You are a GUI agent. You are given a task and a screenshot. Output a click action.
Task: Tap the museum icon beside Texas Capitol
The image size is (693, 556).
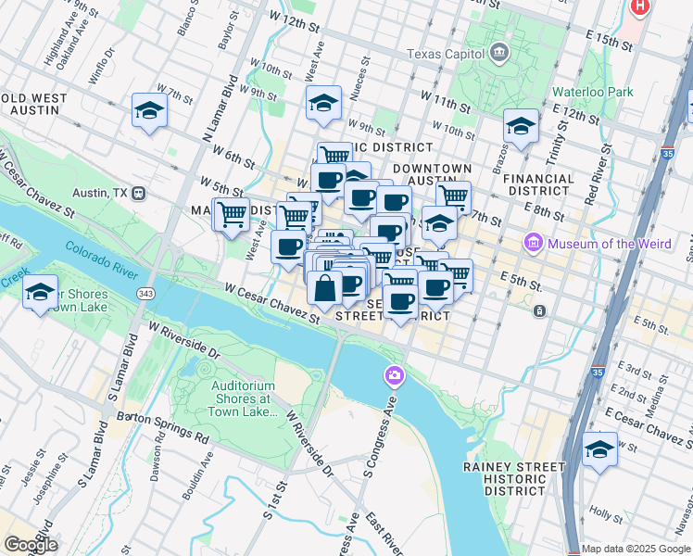pyautogui.click(x=501, y=51)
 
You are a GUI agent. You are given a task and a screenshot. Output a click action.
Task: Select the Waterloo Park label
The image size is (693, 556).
pyautogui.click(x=593, y=92)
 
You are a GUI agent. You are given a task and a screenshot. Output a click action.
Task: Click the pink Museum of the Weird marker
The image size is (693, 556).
pyautogui.click(x=533, y=244)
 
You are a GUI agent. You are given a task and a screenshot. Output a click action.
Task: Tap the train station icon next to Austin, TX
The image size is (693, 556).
pyautogui.click(x=139, y=194)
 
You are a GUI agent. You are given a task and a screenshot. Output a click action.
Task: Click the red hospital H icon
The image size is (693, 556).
pyautogui.click(x=638, y=6)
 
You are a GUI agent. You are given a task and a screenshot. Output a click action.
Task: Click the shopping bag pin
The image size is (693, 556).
pyautogui.click(x=326, y=290)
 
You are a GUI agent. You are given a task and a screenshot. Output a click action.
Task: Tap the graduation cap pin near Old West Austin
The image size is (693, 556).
pyautogui.click(x=149, y=112)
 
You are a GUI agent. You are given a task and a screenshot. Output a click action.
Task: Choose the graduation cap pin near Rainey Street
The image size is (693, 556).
pyautogui.click(x=599, y=451)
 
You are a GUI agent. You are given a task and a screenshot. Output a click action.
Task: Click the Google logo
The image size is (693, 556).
pyautogui.click(x=31, y=545)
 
